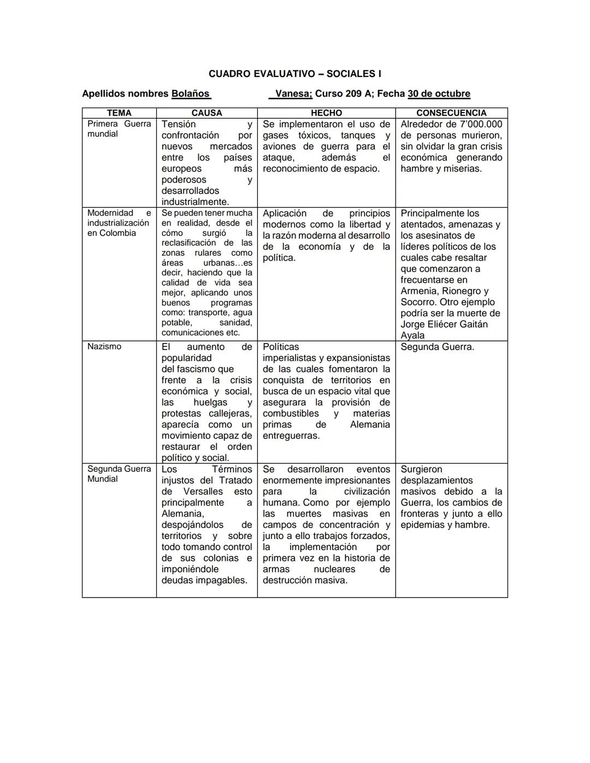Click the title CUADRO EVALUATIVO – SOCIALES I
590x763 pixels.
pyautogui.click(x=294, y=74)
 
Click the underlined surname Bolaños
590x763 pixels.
pyautogui.click(x=191, y=94)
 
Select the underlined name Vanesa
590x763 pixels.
pyautogui.click(x=293, y=94)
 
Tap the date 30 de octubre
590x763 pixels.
pyautogui.click(x=439, y=94)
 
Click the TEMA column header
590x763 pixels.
pyautogui.click(x=119, y=113)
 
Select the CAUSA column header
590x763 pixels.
pyautogui.click(x=206, y=113)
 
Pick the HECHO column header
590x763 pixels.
pyautogui.click(x=326, y=113)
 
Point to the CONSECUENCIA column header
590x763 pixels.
pyautogui.click(x=451, y=113)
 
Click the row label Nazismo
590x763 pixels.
pyautogui.click(x=104, y=347)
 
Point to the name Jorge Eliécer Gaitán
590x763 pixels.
pyautogui.click(x=444, y=324)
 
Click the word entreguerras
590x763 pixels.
pyautogui.click(x=291, y=436)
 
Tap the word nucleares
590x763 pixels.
pyautogui.click(x=334, y=569)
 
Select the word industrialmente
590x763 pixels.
pyautogui.click(x=195, y=202)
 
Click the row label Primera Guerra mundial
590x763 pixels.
pyautogui.click(x=119, y=129)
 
